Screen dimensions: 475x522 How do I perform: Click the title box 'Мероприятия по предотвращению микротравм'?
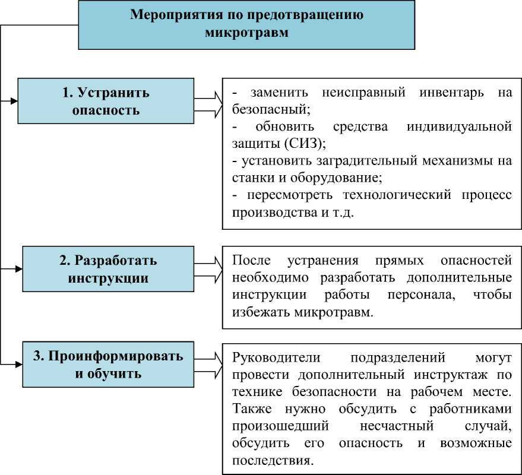click(246, 24)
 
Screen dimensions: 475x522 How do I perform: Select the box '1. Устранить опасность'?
click(106, 101)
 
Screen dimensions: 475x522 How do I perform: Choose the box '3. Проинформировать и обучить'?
click(108, 364)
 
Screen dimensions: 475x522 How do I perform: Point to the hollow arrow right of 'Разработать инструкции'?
click(210, 269)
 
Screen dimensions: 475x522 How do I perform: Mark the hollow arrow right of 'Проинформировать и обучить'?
click(210, 364)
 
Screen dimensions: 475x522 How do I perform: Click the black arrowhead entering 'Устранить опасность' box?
click(14, 101)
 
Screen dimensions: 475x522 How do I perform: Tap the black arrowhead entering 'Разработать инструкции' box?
click(18, 269)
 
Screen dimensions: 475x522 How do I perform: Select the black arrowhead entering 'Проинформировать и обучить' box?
click(18, 364)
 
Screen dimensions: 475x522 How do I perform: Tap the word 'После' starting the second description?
click(248, 261)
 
